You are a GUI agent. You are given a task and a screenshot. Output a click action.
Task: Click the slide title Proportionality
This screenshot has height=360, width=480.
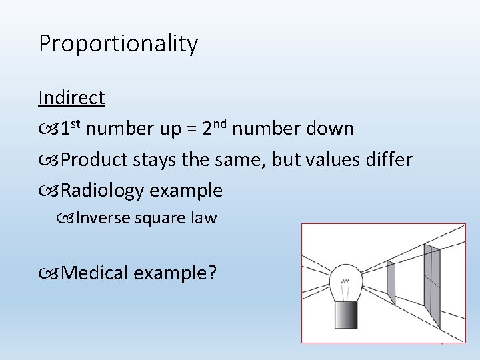118,44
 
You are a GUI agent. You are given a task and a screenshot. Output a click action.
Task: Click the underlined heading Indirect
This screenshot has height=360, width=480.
71,98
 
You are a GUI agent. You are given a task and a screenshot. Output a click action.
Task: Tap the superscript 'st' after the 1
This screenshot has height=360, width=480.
76,122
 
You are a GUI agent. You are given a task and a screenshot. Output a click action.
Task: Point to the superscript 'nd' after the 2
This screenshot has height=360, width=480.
221,122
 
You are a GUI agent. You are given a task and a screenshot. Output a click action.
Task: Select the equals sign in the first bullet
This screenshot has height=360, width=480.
190,129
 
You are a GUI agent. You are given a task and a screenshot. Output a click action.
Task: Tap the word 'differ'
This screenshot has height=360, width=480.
389,159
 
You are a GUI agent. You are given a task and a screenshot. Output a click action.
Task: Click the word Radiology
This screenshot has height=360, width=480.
103,191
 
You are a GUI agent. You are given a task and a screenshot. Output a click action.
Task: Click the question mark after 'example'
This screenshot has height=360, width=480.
211,273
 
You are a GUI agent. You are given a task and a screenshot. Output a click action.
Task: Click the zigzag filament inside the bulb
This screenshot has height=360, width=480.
345,281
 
